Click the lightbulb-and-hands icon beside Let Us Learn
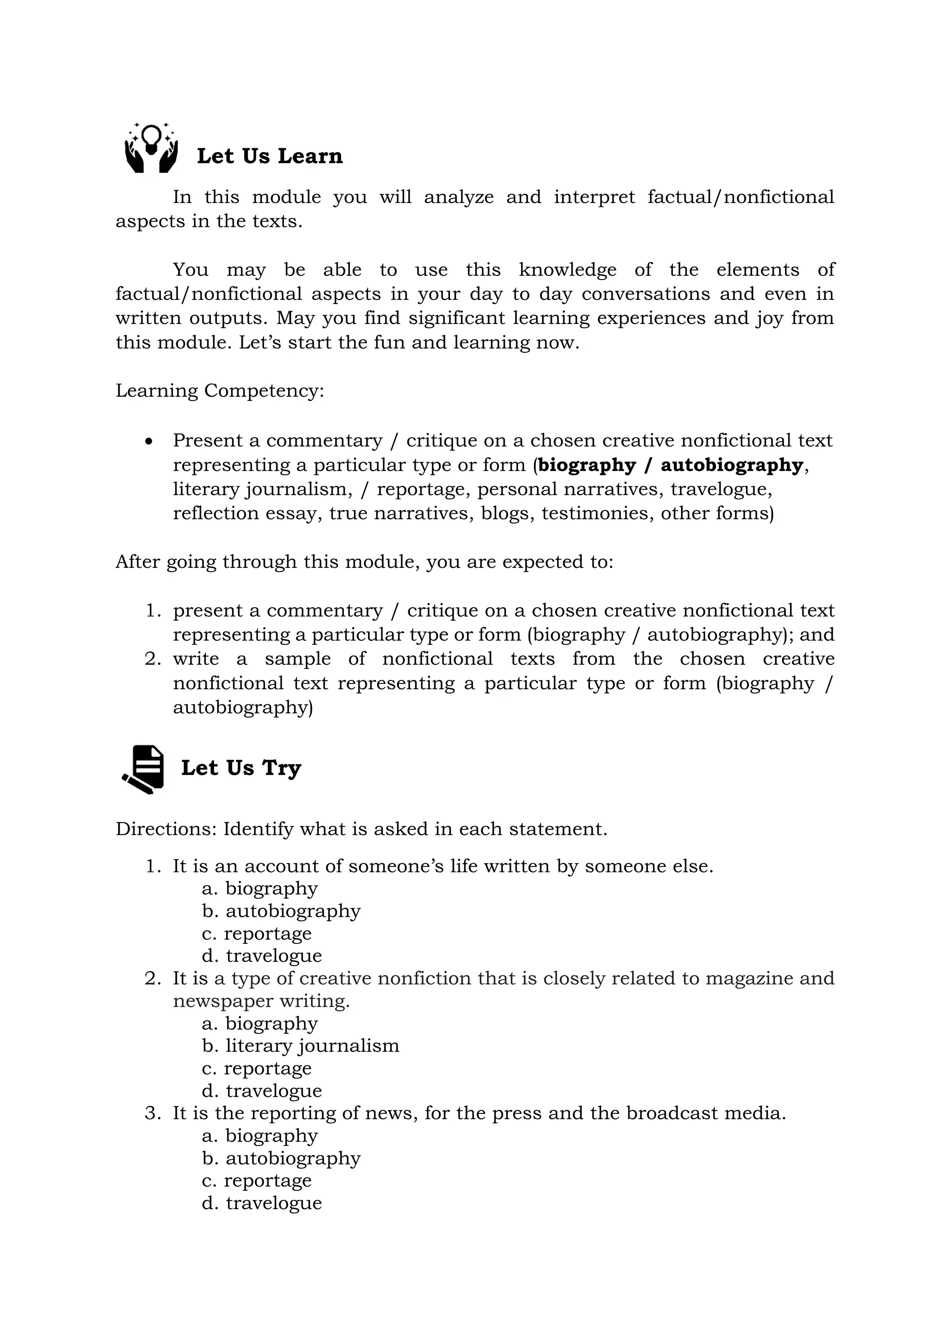pyautogui.click(x=152, y=148)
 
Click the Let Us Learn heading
pyautogui.click(x=270, y=156)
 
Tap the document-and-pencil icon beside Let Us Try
pyautogui.click(x=143, y=769)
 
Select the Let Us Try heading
pyautogui.click(x=241, y=768)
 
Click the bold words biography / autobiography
pyautogui.click(x=670, y=465)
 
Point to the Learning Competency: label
pyautogui.click(x=219, y=391)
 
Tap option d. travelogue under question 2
pyautogui.click(x=262, y=1090)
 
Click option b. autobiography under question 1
pyautogui.click(x=281, y=911)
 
